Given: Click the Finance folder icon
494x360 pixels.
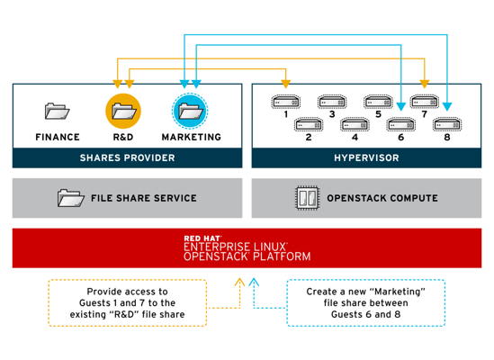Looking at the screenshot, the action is coord(57,111).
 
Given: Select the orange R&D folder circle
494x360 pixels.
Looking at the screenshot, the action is coord(123,111).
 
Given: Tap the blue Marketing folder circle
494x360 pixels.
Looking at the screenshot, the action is coord(190,111).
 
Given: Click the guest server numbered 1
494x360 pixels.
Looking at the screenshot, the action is coord(286,102).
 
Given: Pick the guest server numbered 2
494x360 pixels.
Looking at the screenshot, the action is coord(309,125).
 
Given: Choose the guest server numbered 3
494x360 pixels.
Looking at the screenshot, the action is coord(332,102).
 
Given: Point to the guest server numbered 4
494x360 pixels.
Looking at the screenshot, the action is coord(355,125).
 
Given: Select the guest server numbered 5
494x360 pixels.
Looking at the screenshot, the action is coord(378,102).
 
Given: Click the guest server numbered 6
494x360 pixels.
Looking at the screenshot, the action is coord(401,125).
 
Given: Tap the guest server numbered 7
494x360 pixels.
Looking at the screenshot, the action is coord(425,102).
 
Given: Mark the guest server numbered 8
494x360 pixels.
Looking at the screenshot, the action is coord(447,125).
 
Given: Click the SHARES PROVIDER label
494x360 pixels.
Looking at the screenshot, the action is coord(127,157).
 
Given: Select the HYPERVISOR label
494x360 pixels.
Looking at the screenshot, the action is coord(366,157).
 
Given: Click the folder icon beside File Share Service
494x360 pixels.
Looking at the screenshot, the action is coord(70,198).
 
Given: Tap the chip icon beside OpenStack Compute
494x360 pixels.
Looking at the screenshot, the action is coord(307,198).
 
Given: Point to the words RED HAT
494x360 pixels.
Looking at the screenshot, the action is coord(202,238).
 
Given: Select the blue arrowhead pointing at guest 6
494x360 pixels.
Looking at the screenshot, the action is coord(401,106).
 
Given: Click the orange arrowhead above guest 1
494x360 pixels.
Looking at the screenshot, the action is coord(286,84).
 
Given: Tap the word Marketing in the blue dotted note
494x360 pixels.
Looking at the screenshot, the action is coord(399,292).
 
